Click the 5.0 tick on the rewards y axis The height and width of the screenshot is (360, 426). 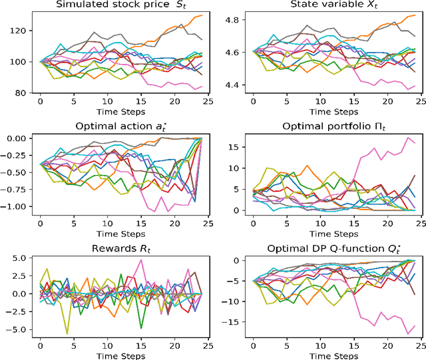[x=19, y=258]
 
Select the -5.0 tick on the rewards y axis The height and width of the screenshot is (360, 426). [x=17, y=329]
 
